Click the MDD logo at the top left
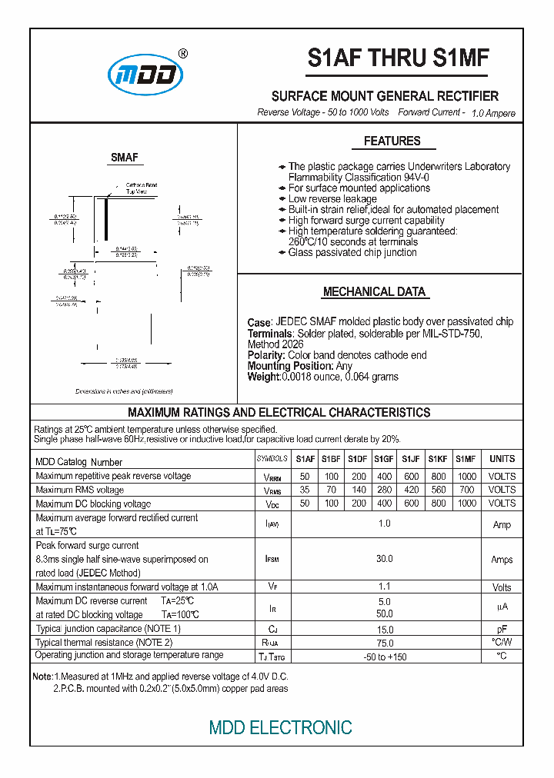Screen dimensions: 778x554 145,75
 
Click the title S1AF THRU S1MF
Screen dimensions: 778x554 398,59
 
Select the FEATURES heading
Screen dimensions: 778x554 392,141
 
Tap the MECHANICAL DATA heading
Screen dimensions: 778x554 374,292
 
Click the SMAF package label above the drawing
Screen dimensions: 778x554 124,158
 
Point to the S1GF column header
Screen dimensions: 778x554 384,459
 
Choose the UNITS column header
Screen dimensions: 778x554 502,459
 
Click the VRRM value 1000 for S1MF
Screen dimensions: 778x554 466,476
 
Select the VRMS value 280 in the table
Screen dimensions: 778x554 384,490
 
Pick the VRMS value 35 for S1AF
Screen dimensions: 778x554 305,490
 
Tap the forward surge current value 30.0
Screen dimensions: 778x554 385,559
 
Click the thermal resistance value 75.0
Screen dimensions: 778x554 385,642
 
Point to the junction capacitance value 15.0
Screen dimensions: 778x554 385,629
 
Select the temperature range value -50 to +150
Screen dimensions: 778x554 385,657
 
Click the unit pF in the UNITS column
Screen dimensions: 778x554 502,629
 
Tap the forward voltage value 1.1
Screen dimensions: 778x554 385,587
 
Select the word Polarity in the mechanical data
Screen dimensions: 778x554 266,355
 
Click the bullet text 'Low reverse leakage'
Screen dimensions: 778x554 332,199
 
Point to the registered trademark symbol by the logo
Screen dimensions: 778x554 182,54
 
